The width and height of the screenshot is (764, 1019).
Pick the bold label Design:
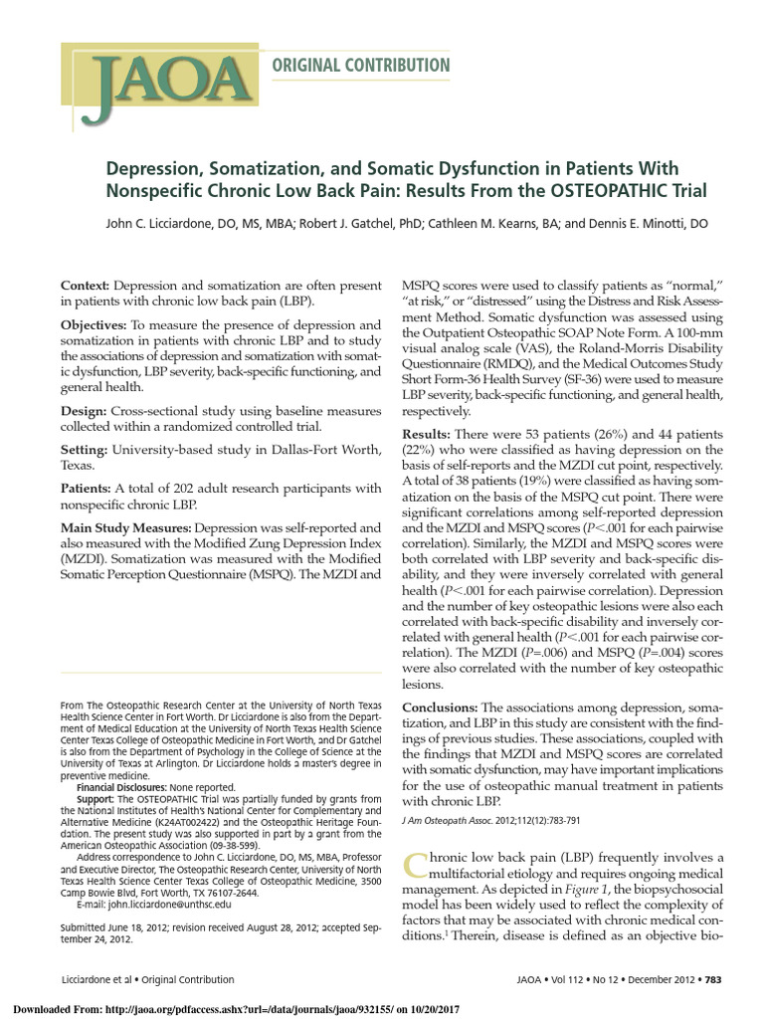pyautogui.click(x=86, y=411)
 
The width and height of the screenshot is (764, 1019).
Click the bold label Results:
pyautogui.click(x=425, y=435)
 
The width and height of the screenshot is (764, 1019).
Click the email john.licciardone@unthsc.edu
pyautogui.click(x=171, y=905)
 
